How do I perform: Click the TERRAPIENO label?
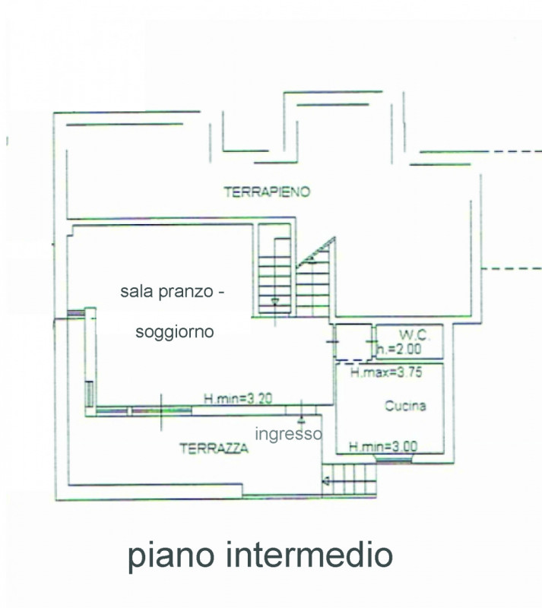coord(267,192)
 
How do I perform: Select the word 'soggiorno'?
coord(174,331)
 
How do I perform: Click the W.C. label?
coord(410,334)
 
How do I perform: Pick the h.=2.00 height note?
coord(398,350)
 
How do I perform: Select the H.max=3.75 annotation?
coord(386,372)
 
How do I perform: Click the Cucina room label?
coord(404,406)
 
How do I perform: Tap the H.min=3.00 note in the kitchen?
coord(382,447)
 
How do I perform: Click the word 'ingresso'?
coord(288,434)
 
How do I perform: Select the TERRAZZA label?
coord(214,448)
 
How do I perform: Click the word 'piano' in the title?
coord(170,556)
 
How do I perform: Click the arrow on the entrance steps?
coord(327,480)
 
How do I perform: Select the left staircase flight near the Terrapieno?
coord(274,277)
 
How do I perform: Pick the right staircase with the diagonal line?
coord(314,281)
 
